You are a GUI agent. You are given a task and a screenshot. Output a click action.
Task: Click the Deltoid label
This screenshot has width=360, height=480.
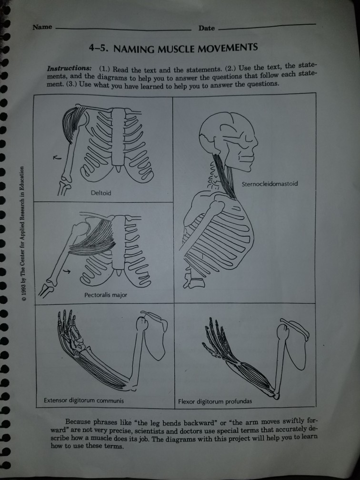point(101,193)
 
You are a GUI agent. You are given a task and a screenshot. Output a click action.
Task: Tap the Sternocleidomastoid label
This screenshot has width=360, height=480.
point(270,184)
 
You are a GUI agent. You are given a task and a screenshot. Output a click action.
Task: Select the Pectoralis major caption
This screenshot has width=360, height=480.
point(106,295)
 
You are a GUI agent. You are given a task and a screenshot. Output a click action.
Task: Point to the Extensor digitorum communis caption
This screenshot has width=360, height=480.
point(84,400)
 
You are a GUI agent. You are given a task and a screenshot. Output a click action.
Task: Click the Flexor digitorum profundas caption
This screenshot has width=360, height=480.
point(215,401)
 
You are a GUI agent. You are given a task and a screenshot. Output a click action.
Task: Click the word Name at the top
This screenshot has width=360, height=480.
point(42,27)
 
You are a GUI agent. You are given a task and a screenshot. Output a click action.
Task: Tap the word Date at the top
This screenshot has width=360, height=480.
point(207,28)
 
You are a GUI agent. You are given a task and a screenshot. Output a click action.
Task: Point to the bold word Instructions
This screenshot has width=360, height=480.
point(69,68)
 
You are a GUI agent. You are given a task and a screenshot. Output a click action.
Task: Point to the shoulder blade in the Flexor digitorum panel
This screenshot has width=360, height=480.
point(295,342)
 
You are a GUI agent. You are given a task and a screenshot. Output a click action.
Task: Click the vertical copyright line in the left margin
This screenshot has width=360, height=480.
point(22,233)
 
